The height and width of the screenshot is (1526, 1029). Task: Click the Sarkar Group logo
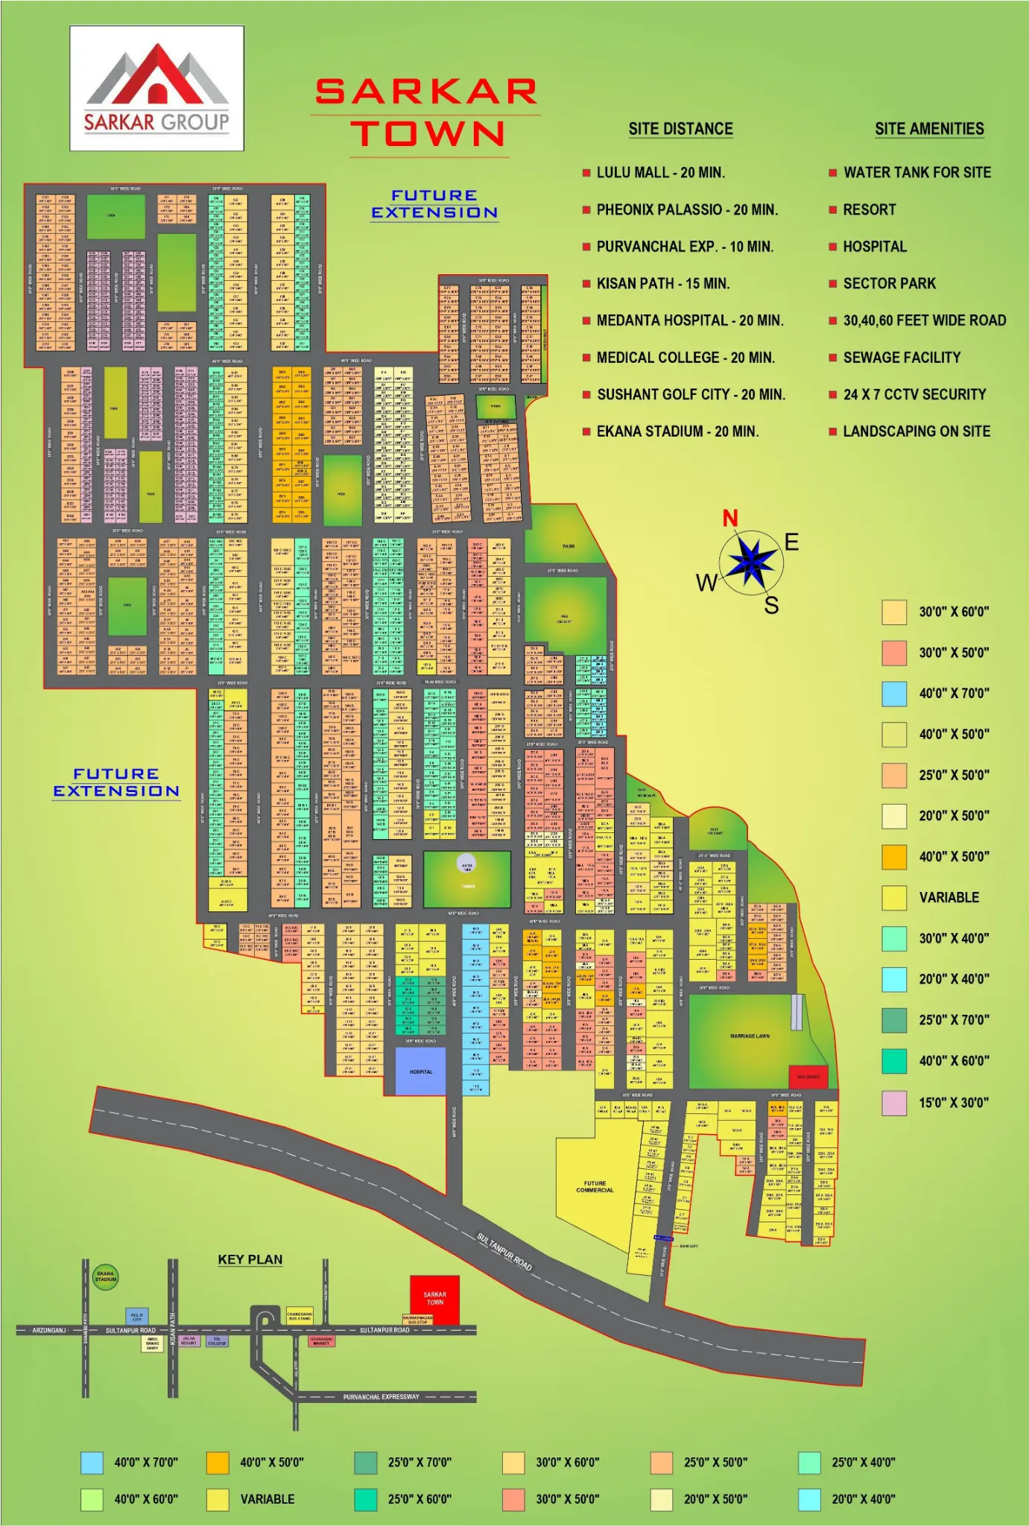pyautogui.click(x=156, y=89)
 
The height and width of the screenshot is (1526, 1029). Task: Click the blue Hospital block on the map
pyautogui.click(x=420, y=1071)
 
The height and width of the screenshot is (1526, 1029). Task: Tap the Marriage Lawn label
pyautogui.click(x=750, y=1036)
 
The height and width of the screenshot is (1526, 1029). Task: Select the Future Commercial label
pyautogui.click(x=594, y=1186)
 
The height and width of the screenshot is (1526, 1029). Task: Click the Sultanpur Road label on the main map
pyautogui.click(x=504, y=1251)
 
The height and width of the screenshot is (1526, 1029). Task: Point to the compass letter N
pyautogui.click(x=730, y=518)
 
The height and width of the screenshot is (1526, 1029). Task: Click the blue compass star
pyautogui.click(x=751, y=562)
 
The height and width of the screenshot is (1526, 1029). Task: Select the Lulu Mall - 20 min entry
pyautogui.click(x=660, y=172)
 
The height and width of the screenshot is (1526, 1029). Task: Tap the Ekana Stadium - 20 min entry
pyautogui.click(x=677, y=431)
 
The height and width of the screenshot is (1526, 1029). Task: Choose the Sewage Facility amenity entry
pyautogui.click(x=901, y=357)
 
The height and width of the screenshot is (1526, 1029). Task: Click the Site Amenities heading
pyautogui.click(x=929, y=129)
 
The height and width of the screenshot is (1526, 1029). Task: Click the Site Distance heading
pyautogui.click(x=680, y=129)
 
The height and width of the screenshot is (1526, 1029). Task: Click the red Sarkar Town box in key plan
pyautogui.click(x=434, y=1298)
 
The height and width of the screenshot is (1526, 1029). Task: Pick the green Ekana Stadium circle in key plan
pyautogui.click(x=105, y=1276)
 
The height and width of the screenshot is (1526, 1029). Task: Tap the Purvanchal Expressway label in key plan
pyautogui.click(x=381, y=1396)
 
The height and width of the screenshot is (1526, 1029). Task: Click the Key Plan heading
pyautogui.click(x=250, y=1259)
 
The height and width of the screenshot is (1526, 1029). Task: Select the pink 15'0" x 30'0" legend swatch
pyautogui.click(x=893, y=1102)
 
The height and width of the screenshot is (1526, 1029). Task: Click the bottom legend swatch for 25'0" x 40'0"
pyautogui.click(x=808, y=1462)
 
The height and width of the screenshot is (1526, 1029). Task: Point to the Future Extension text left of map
pyautogui.click(x=116, y=782)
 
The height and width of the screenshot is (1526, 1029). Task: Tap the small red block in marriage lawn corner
pyautogui.click(x=808, y=1077)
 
